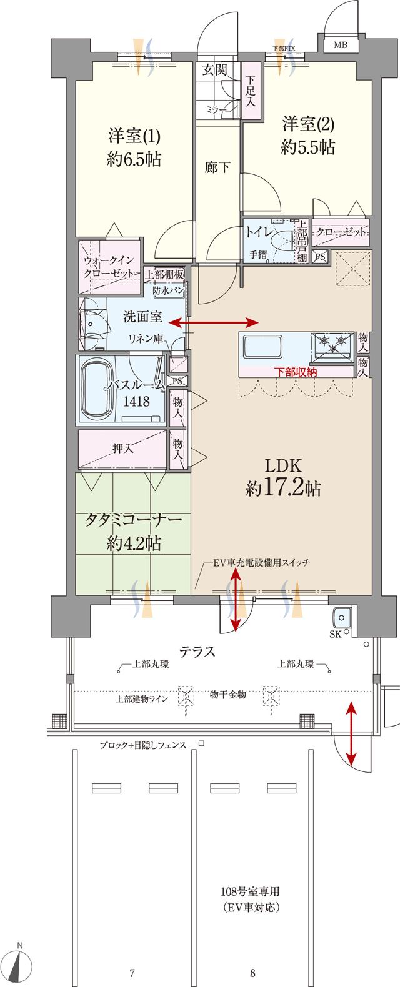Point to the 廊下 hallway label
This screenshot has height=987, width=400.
click(218, 167)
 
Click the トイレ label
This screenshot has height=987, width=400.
click(259, 232)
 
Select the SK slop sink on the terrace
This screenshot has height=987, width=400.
click(342, 617)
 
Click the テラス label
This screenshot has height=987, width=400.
click(198, 652)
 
